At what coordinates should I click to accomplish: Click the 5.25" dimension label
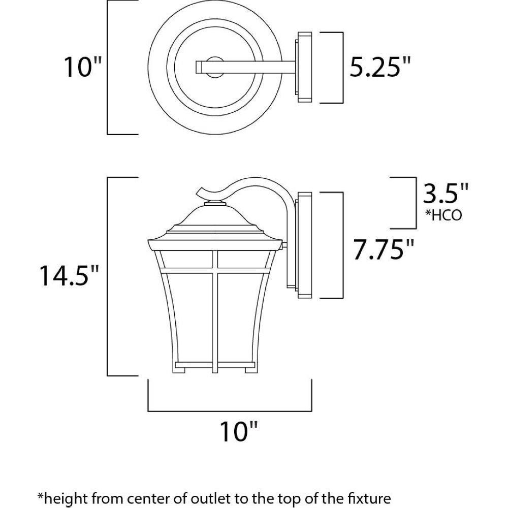coord(380,67)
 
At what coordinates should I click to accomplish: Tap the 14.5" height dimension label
coord(69,275)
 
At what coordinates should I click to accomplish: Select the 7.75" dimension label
coord(383,249)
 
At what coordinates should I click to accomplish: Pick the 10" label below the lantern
coord(239,431)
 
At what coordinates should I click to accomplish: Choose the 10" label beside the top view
coord(83,67)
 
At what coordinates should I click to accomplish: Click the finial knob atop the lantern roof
coord(215,204)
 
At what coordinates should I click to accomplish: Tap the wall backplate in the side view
coord(304,245)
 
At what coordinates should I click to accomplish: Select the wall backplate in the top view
coord(303,68)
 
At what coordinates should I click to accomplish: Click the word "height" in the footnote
coord(61,498)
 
